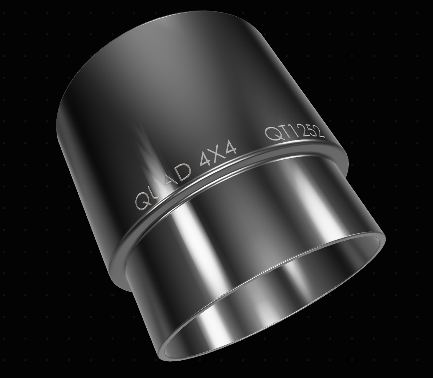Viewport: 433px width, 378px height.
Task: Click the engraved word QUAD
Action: (163, 186)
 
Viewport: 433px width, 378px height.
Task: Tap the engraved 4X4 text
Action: (218, 155)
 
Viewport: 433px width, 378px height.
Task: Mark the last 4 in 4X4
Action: (231, 149)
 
